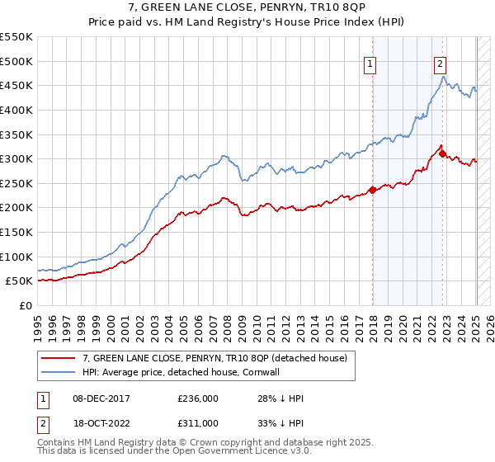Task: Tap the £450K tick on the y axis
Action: point(16,85)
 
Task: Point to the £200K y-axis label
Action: point(16,207)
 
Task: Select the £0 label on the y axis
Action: point(26,305)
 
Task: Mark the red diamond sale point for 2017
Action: point(372,190)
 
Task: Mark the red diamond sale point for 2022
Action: point(443,153)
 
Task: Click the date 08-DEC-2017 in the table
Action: point(96,398)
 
